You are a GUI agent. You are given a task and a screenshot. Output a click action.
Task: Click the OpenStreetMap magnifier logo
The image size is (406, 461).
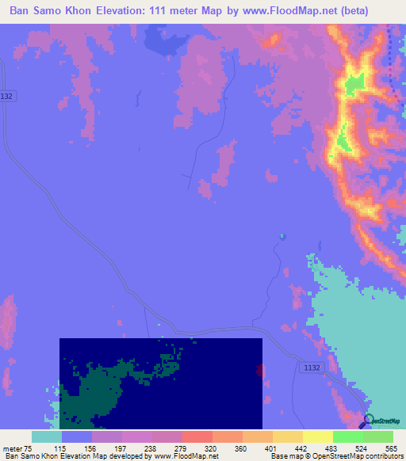tap(369, 420)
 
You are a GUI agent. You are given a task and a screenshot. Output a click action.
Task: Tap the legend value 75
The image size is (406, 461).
tap(27, 448)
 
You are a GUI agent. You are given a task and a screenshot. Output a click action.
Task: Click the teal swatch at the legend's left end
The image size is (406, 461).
tap(47, 436)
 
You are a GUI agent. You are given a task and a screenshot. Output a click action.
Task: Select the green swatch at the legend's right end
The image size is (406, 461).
tap(378, 436)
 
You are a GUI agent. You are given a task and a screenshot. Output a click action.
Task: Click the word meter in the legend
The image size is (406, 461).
tap(12, 448)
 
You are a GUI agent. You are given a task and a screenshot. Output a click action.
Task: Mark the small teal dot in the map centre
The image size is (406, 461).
tap(282, 235)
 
